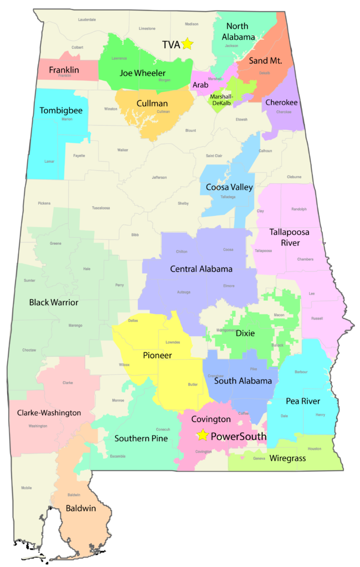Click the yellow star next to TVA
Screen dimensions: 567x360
(x=187, y=44)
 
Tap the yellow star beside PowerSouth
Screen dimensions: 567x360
(x=203, y=435)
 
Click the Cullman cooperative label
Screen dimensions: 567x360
(x=151, y=104)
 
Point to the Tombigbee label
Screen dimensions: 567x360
(x=61, y=111)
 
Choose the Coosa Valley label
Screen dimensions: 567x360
(x=229, y=187)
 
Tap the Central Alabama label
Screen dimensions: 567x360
(x=201, y=269)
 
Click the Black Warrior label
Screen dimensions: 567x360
(x=54, y=302)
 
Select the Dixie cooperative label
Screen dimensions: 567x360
(x=245, y=333)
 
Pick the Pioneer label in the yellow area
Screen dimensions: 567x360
(x=157, y=355)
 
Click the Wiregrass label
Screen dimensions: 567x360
(x=287, y=458)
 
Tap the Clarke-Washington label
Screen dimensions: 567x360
(x=49, y=413)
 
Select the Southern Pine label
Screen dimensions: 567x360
(x=141, y=439)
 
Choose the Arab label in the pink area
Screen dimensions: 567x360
(x=200, y=85)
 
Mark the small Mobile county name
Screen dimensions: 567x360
(x=26, y=488)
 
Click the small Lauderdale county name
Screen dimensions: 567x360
(x=87, y=19)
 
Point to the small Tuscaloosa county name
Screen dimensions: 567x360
(x=101, y=208)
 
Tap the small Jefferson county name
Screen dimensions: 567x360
(x=160, y=177)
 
